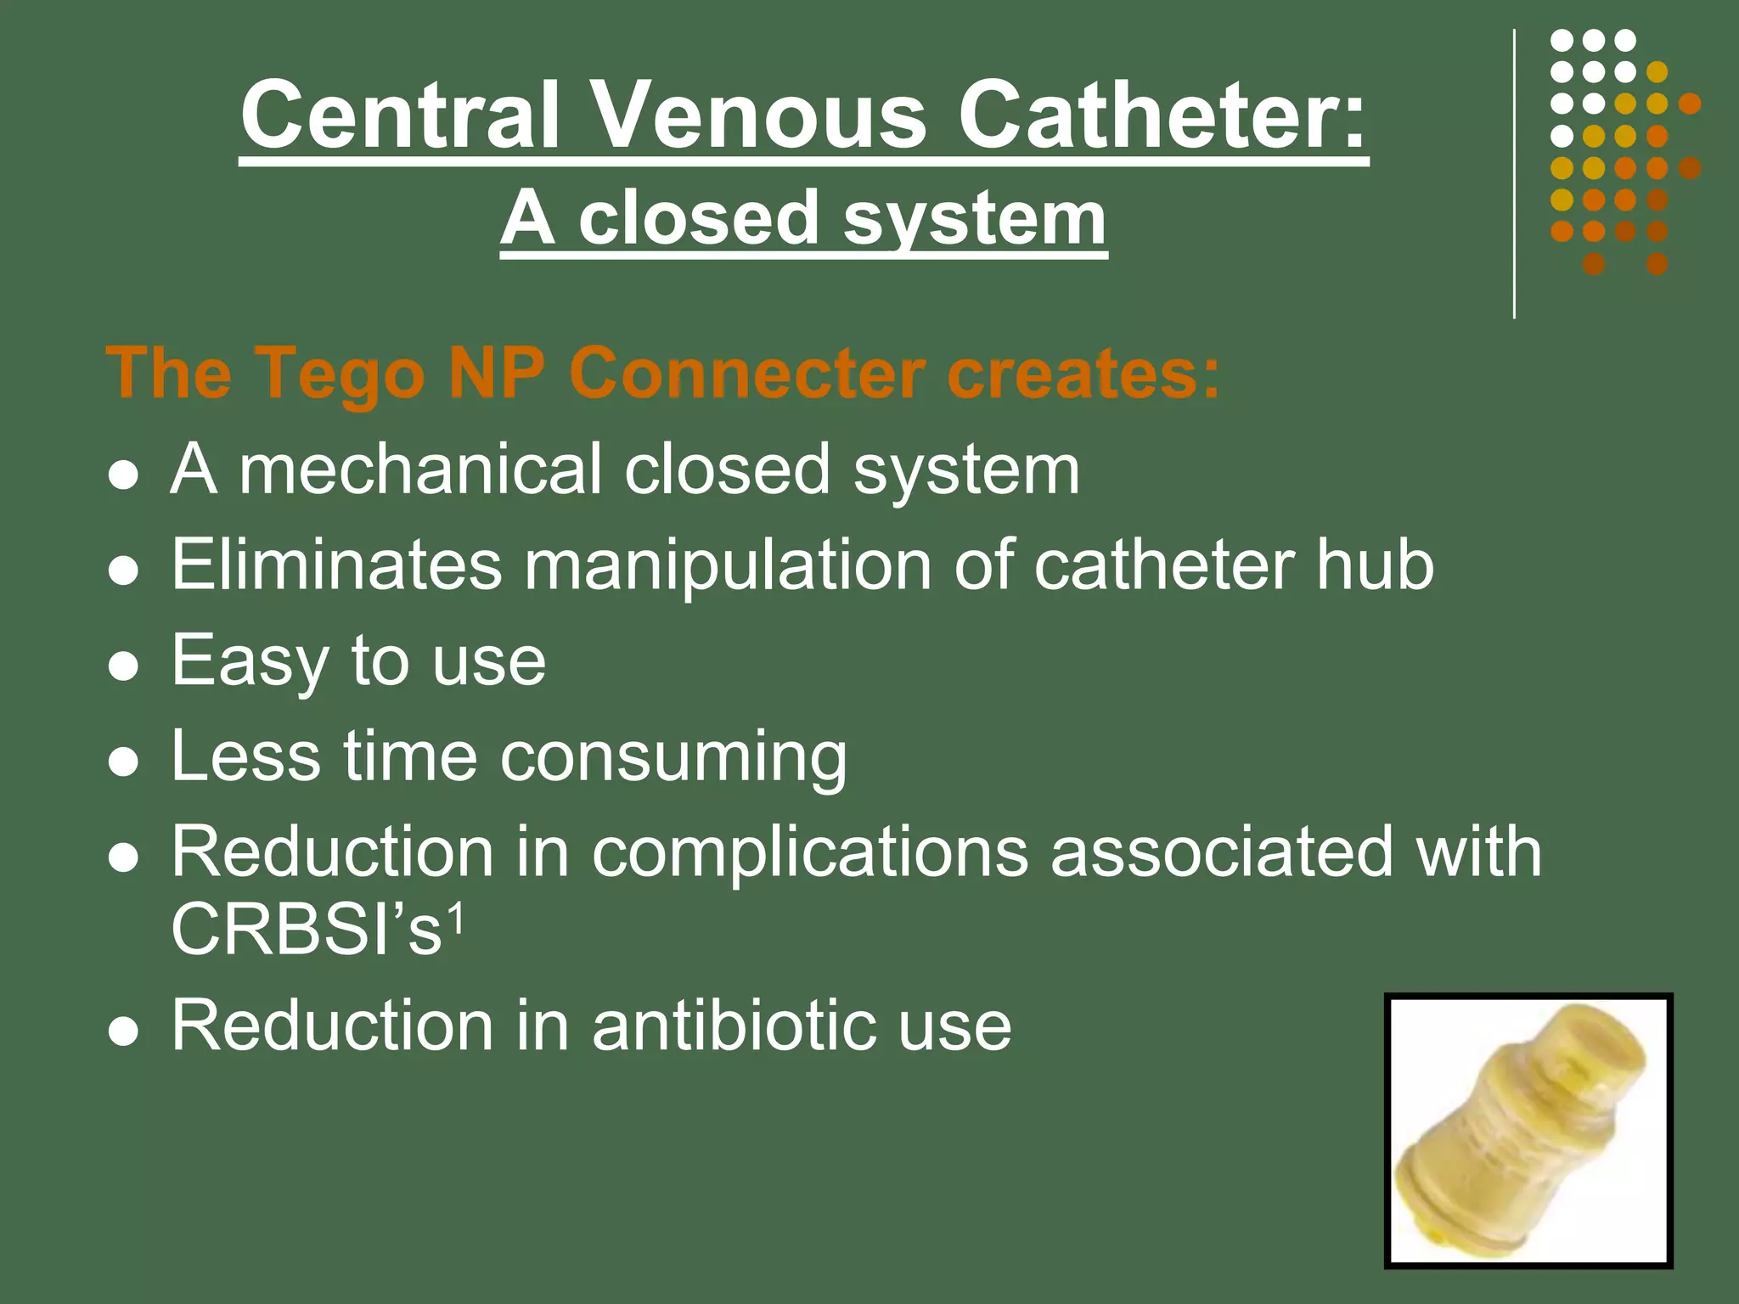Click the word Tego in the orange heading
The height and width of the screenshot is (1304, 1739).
pos(338,374)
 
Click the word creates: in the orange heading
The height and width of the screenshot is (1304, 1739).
pos(1083,374)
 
